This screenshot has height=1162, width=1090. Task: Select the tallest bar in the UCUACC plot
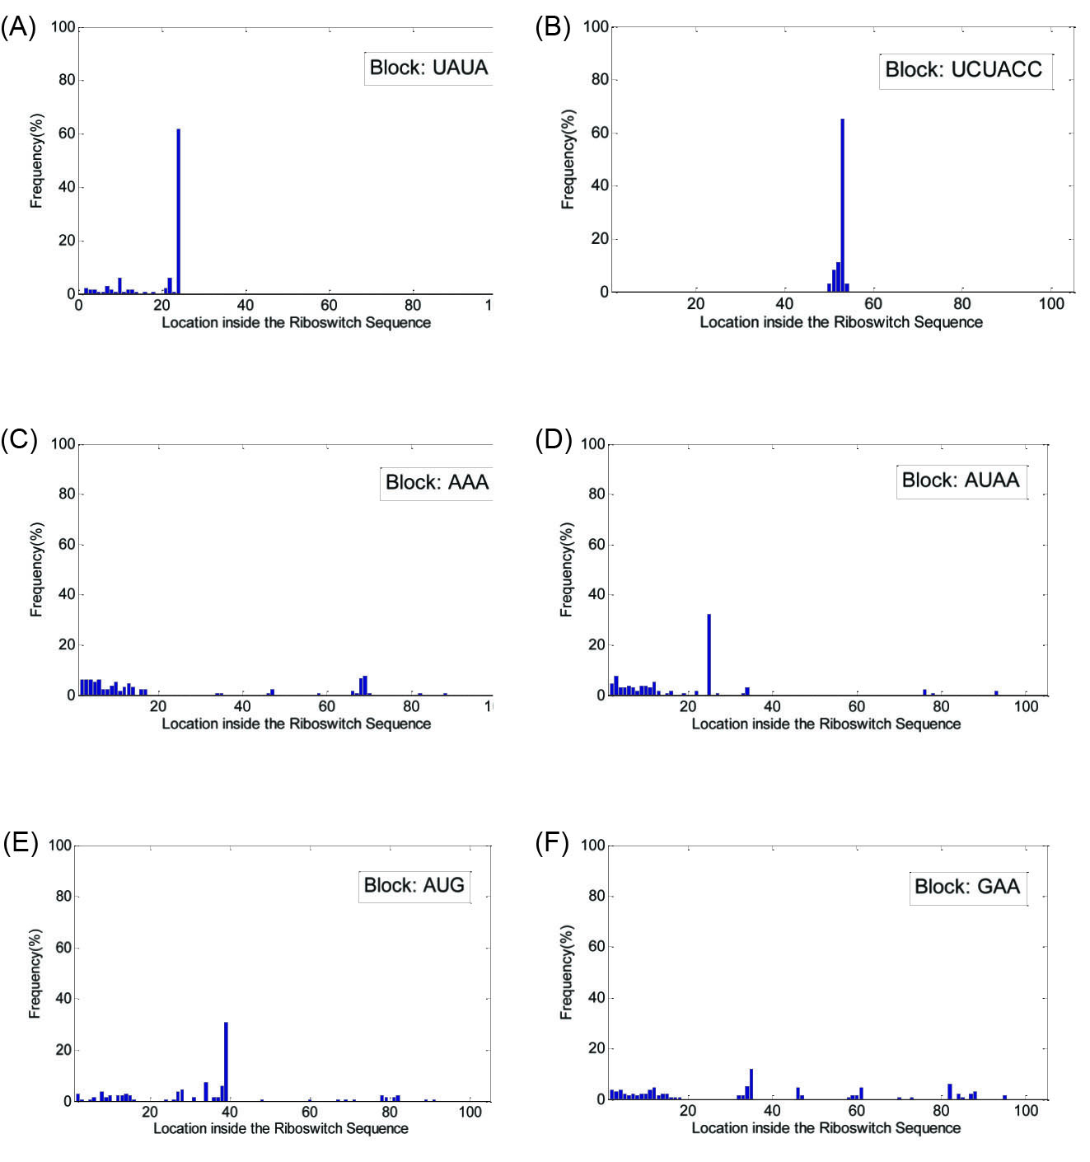click(842, 205)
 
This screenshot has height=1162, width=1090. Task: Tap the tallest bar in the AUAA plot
click(709, 654)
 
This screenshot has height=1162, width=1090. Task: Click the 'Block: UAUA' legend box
click(428, 68)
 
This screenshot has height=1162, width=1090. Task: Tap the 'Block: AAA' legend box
click(437, 482)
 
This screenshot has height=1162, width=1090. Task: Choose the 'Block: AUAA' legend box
click(961, 480)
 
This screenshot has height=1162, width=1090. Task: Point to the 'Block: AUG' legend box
click(414, 885)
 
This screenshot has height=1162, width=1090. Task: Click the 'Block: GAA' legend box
click(967, 887)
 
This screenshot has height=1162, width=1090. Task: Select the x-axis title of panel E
click(281, 1128)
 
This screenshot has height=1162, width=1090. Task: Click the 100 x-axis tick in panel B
click(1051, 303)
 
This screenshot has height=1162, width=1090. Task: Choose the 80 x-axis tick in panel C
click(411, 706)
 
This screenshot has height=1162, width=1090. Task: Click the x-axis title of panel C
click(296, 724)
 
